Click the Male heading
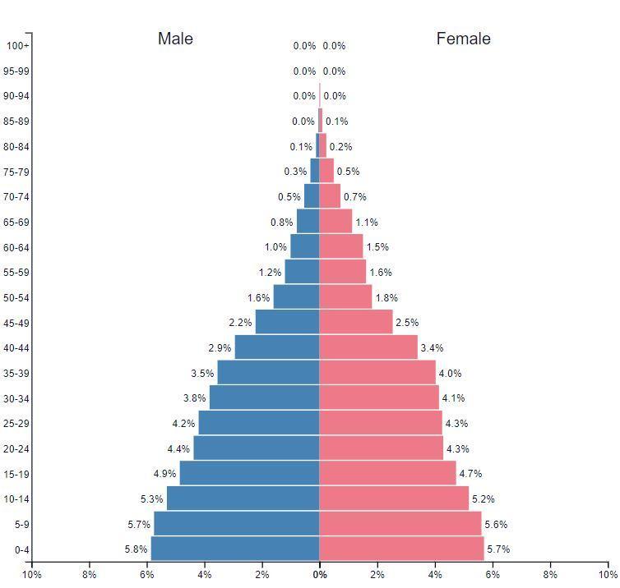coord(175,39)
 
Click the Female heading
coord(463,39)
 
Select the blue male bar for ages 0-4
coord(235,549)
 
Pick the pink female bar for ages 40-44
coord(368,347)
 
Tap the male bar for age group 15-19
coord(249,473)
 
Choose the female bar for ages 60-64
coord(341,246)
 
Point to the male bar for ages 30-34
coord(264,397)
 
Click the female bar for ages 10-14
coord(394,498)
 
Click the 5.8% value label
coord(136,549)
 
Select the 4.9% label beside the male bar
coord(165,474)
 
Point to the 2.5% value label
coord(407,323)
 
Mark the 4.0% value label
coord(450,373)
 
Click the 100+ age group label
coord(16,46)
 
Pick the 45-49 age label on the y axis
coord(16,323)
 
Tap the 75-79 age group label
coord(16,172)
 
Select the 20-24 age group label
coord(16,448)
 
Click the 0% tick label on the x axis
coord(319,575)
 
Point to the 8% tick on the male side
coord(90,575)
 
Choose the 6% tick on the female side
coord(493,575)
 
